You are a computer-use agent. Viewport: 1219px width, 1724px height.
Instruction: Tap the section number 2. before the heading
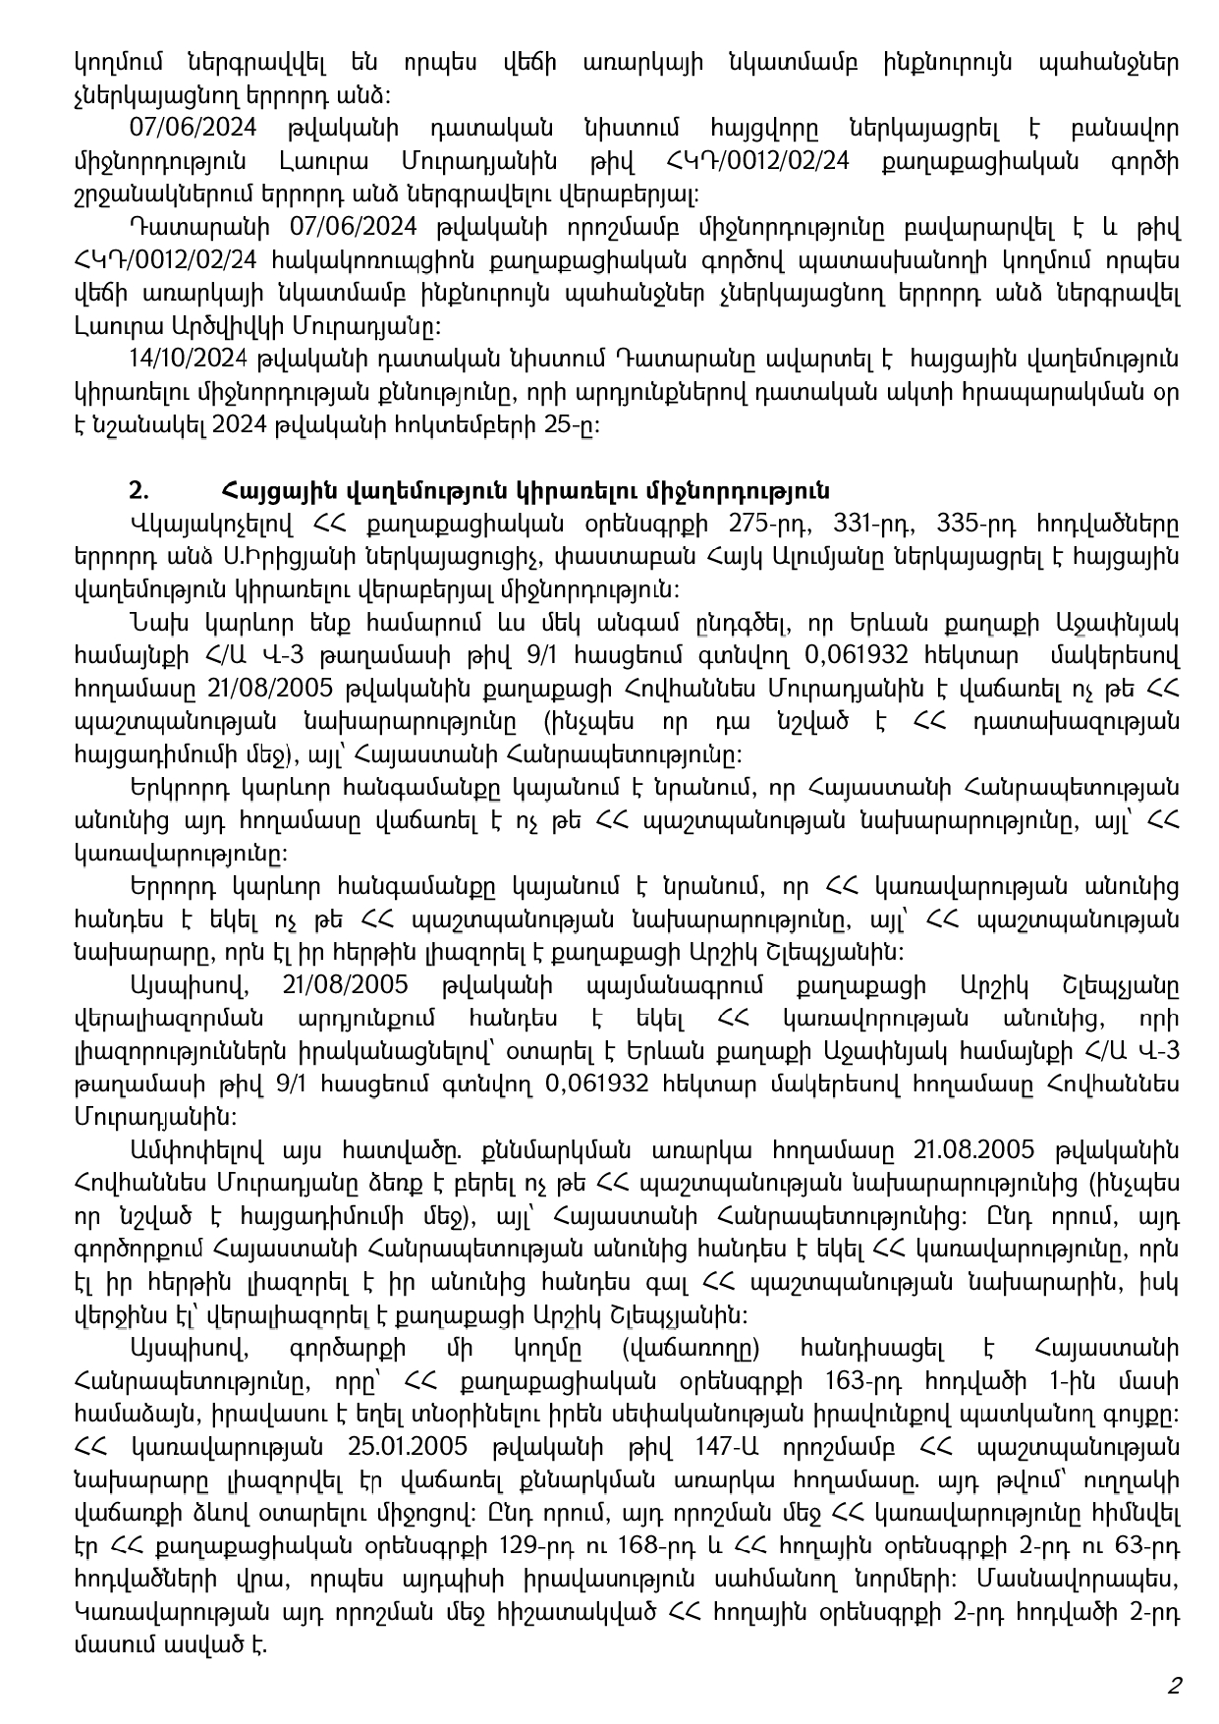tap(138, 491)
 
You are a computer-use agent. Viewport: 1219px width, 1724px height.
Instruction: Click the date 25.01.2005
tap(406, 1448)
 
